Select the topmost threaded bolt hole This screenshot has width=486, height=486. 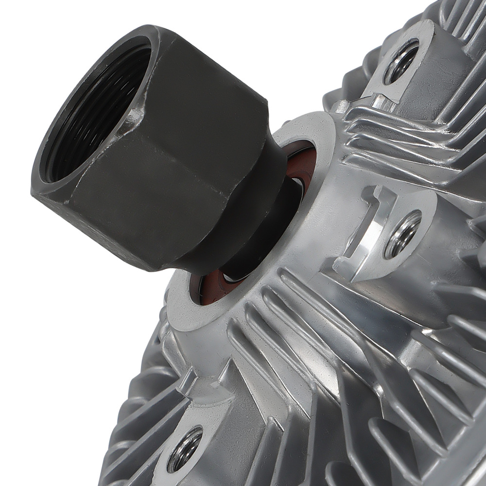[401, 61]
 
